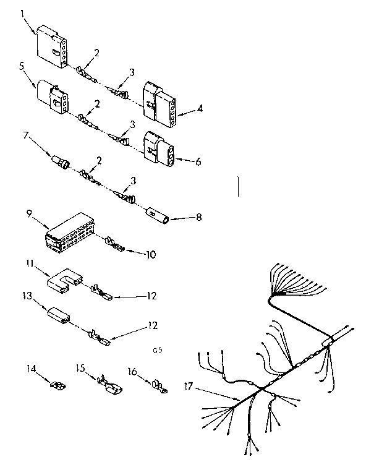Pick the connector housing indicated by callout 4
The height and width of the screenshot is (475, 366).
tap(160, 102)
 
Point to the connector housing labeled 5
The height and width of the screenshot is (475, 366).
tap(52, 97)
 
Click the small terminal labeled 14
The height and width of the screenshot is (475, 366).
tap(59, 388)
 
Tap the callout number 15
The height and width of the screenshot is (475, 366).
tap(80, 367)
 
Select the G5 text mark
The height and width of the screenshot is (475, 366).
tap(157, 349)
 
